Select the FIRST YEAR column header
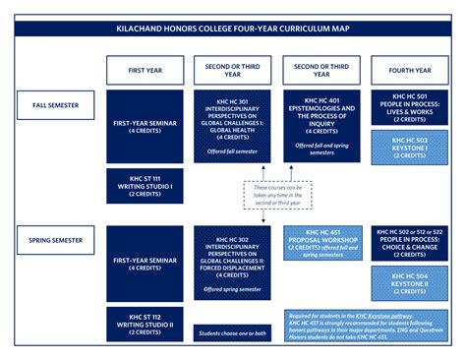click(x=146, y=71)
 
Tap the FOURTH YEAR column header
click(x=410, y=71)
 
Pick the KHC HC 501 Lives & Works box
click(x=410, y=106)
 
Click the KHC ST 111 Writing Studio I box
click(x=146, y=186)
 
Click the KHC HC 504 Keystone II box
click(x=410, y=282)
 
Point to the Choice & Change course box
click(x=410, y=243)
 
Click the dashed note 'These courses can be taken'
click(x=277, y=195)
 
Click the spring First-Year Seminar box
click(x=146, y=264)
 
